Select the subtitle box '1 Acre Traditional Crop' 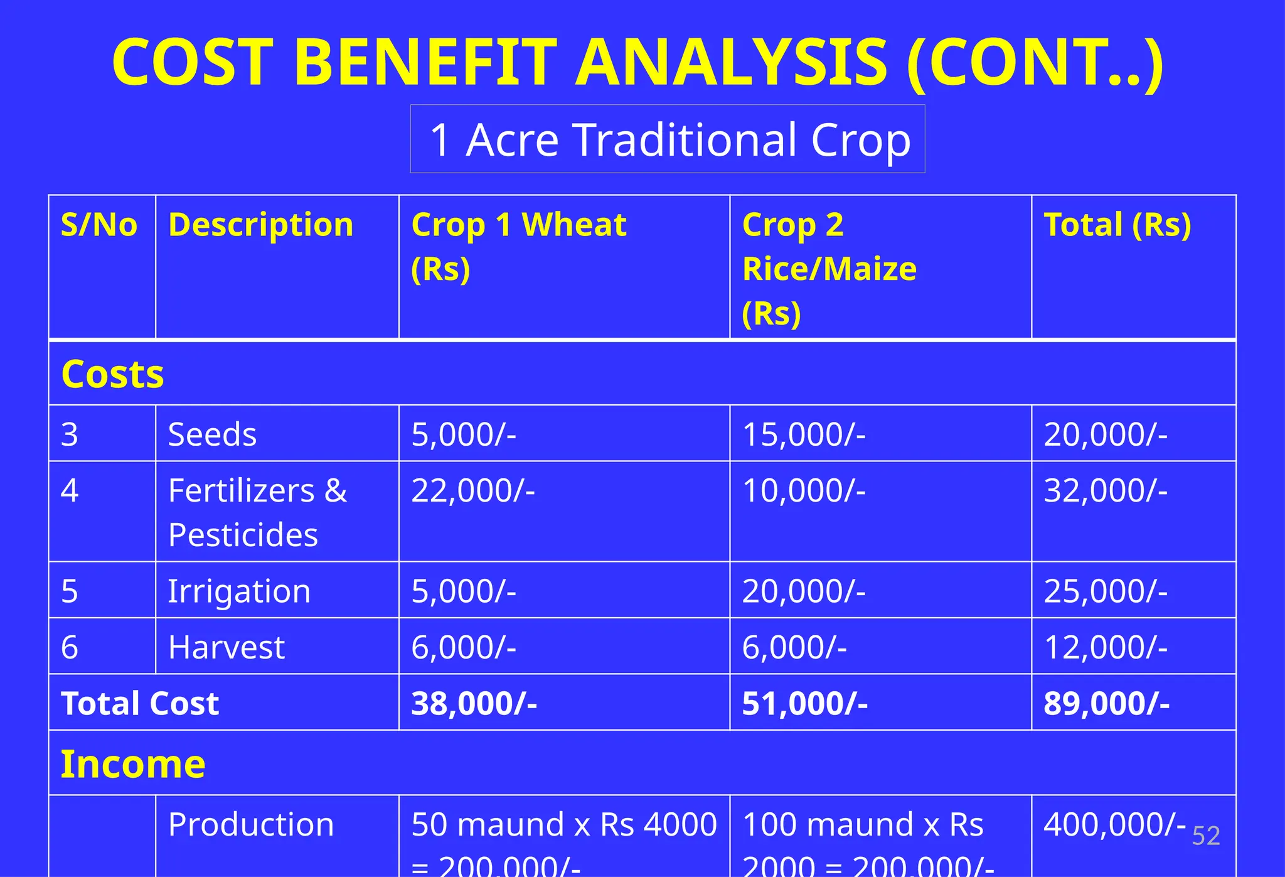(668, 139)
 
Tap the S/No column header (99, 225)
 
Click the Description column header (260, 225)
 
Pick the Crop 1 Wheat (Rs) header (518, 246)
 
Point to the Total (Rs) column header (1117, 225)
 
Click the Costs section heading (113, 374)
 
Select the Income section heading (133, 764)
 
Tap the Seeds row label (212, 434)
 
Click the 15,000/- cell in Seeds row (804, 434)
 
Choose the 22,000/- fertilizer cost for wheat (473, 490)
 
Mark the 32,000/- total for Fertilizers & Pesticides (1106, 490)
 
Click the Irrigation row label (239, 591)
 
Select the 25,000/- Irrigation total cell (1106, 591)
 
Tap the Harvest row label (226, 647)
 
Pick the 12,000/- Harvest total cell (1106, 647)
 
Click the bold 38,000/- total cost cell (474, 703)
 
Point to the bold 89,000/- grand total (1107, 703)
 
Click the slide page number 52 (1206, 836)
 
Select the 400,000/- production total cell (1114, 824)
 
